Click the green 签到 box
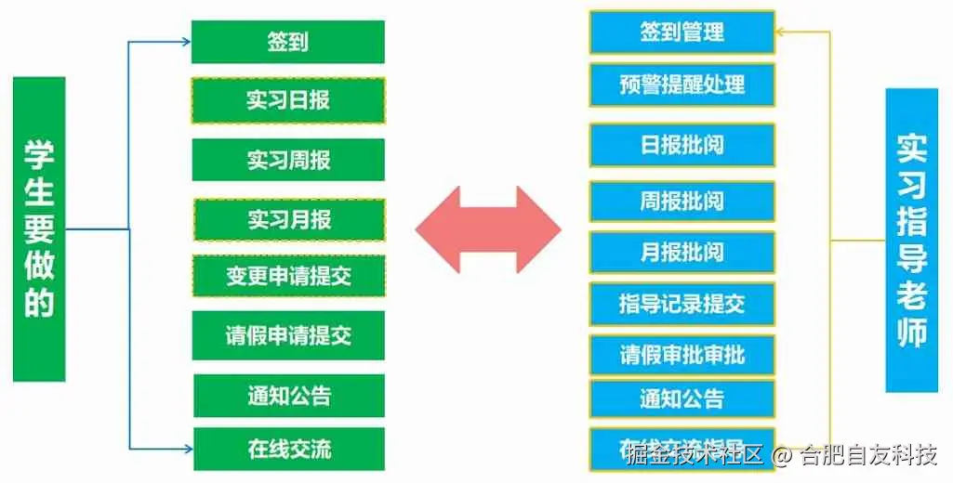(x=287, y=42)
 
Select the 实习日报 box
(x=287, y=99)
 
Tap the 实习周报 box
(x=287, y=159)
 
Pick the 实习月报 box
(x=288, y=219)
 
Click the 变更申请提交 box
(x=288, y=276)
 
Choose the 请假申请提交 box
(x=288, y=334)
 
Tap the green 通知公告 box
(x=288, y=395)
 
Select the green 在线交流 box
(x=288, y=449)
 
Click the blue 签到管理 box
(x=682, y=33)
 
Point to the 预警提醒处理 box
(x=682, y=85)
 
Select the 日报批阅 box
(x=682, y=145)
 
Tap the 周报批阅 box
(x=682, y=201)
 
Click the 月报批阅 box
(x=682, y=252)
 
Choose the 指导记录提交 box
(x=682, y=303)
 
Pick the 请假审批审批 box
(x=682, y=354)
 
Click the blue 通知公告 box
(x=682, y=399)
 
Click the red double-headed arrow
(x=488, y=228)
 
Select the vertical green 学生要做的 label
(x=39, y=228)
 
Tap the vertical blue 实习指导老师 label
(x=911, y=240)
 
